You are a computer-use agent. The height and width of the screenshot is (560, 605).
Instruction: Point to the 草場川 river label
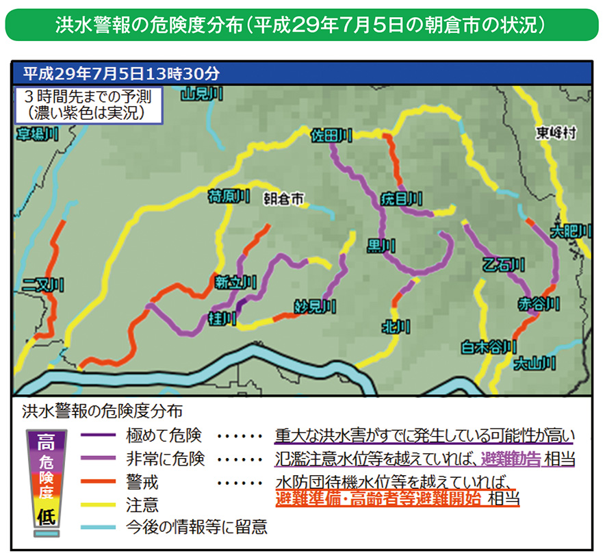coord(37,135)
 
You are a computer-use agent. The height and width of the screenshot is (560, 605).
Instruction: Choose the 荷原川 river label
coord(227,198)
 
